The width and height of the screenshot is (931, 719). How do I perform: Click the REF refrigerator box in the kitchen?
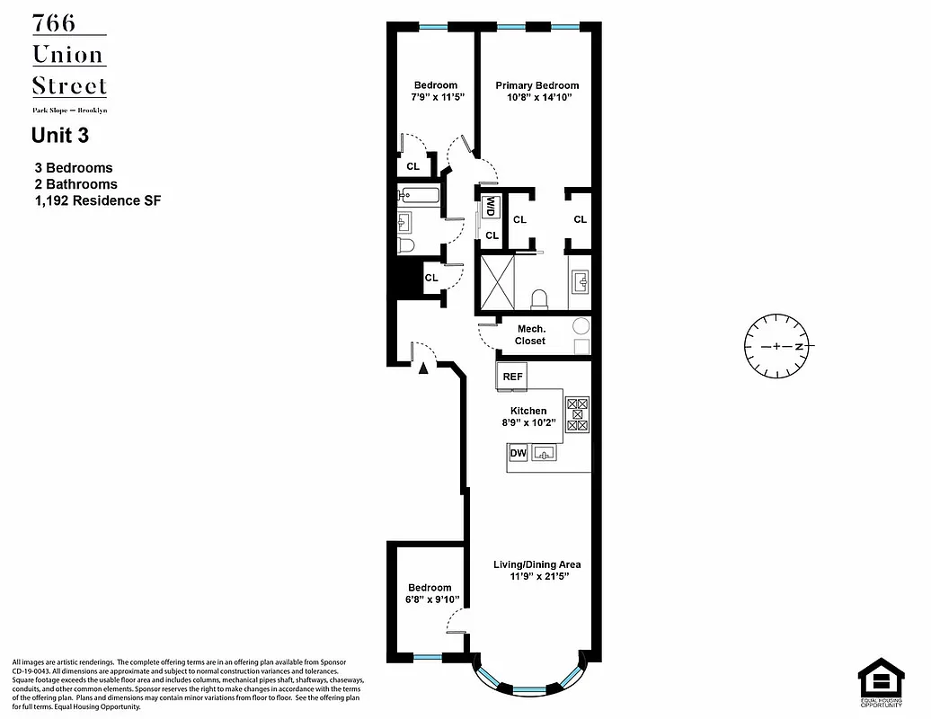pyautogui.click(x=512, y=377)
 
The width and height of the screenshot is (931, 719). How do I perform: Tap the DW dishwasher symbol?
pyautogui.click(x=518, y=454)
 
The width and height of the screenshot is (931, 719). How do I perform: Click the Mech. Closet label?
pyautogui.click(x=530, y=335)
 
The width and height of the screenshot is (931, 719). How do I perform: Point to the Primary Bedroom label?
pyautogui.click(x=537, y=85)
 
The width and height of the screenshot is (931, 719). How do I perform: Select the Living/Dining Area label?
pyautogui.click(x=536, y=564)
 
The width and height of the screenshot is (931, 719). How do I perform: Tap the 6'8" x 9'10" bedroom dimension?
pyautogui.click(x=430, y=599)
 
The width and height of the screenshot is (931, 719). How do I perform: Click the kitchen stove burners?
pyautogui.click(x=578, y=415)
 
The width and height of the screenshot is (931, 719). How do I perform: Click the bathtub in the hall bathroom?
pyautogui.click(x=421, y=194)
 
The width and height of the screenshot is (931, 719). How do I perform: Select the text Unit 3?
pyautogui.click(x=60, y=136)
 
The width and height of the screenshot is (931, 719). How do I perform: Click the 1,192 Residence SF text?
pyautogui.click(x=97, y=200)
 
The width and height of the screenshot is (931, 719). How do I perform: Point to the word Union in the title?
pyautogui.click(x=68, y=55)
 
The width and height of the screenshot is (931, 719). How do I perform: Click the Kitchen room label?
pyautogui.click(x=528, y=411)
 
